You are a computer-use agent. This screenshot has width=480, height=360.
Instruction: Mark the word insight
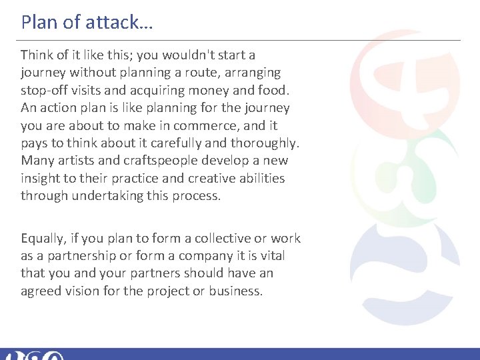click(x=41, y=179)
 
